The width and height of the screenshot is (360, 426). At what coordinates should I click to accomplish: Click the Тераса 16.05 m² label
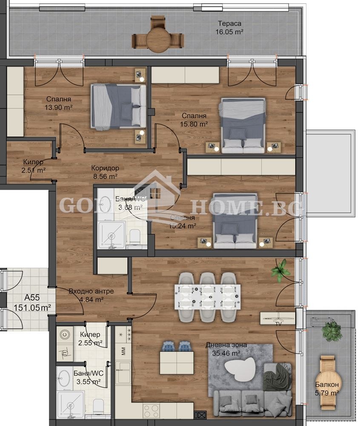[x=231, y=27]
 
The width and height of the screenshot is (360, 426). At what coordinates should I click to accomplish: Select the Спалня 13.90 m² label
[x=59, y=103]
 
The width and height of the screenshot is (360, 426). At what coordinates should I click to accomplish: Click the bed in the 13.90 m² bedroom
[x=119, y=106]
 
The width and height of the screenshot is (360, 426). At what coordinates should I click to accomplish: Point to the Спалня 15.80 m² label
[x=194, y=120]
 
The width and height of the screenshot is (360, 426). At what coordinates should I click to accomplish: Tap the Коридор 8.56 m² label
[x=105, y=172]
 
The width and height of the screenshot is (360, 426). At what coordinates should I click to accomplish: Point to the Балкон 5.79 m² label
[x=327, y=388]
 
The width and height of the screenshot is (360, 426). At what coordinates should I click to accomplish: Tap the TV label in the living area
[x=279, y=324]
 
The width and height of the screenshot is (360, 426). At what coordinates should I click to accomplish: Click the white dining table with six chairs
[x=207, y=296]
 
